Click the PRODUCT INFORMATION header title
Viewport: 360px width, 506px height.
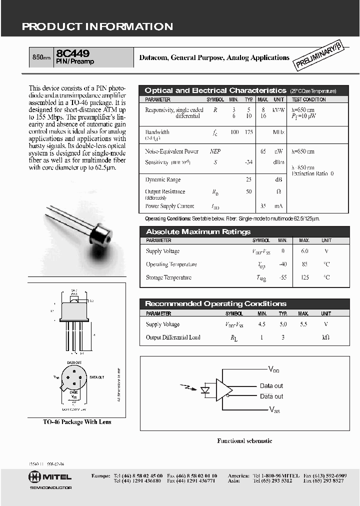[x=97, y=27]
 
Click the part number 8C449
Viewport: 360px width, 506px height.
[x=73, y=52]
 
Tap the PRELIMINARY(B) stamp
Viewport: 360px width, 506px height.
[x=318, y=55]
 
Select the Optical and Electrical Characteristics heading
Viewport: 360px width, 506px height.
[x=215, y=90]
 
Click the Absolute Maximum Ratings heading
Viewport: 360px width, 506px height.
[x=198, y=231]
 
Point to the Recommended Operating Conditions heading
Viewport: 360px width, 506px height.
[x=215, y=303]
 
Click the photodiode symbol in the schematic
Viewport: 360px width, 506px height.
[x=204, y=389]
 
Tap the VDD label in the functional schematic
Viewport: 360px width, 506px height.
[x=274, y=369]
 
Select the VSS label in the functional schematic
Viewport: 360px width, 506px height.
[x=274, y=409]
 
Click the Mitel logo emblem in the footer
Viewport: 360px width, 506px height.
[x=35, y=477]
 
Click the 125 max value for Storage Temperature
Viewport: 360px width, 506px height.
[x=304, y=277]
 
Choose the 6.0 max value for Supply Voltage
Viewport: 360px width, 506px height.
[x=304, y=251]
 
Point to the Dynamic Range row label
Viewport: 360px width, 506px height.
[x=163, y=179]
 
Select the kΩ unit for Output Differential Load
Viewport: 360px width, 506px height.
[x=325, y=337]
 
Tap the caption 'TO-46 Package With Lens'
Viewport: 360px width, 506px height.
[x=77, y=422]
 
